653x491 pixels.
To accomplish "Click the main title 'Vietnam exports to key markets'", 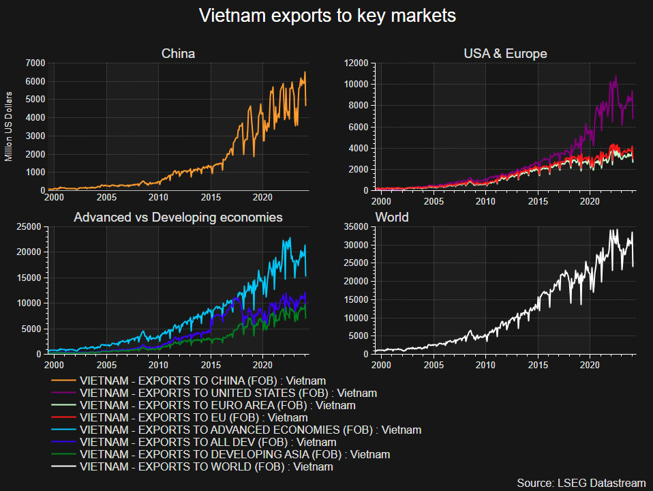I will [x=326, y=16].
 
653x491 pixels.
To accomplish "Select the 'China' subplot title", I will [x=178, y=53].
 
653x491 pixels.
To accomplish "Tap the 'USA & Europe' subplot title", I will [x=505, y=53].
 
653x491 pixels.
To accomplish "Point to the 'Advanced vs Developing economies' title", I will [x=178, y=217].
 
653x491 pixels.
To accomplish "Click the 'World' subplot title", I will [x=392, y=217].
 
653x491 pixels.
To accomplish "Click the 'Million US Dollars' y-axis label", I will [x=9, y=126].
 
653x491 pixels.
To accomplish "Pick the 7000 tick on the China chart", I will [x=35, y=63].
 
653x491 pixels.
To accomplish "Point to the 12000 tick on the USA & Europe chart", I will [x=357, y=63].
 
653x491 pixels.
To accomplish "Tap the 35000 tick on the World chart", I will [x=357, y=227].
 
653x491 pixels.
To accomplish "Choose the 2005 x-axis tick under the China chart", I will [x=106, y=198].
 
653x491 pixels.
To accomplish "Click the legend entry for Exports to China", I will [x=202, y=381].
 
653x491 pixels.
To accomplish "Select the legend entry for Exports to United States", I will [x=228, y=393].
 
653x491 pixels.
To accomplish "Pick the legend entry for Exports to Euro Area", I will [x=217, y=405].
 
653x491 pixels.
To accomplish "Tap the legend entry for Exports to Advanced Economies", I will [x=250, y=430].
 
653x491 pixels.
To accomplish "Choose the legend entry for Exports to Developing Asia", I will [x=234, y=454].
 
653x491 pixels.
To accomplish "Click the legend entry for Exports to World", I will [x=206, y=467].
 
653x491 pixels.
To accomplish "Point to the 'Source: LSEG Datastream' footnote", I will [x=581, y=482].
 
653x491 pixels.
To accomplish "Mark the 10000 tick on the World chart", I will [x=357, y=318].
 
